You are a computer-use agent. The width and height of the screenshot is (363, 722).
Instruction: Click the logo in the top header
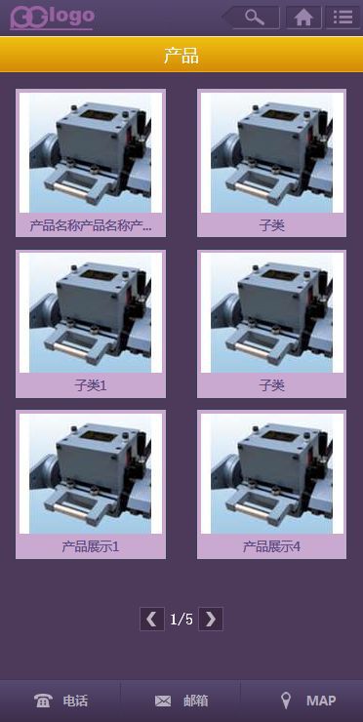click(x=52, y=18)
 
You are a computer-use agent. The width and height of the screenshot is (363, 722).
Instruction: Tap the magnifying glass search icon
click(x=255, y=18)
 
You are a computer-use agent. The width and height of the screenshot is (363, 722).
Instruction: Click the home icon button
click(x=303, y=18)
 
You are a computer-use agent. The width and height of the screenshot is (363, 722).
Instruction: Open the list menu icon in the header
click(x=343, y=18)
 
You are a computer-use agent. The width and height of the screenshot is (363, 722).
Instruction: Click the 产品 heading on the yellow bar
click(x=181, y=56)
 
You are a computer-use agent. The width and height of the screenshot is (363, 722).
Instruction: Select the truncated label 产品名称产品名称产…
click(x=91, y=225)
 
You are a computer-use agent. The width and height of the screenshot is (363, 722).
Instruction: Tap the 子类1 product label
click(x=91, y=385)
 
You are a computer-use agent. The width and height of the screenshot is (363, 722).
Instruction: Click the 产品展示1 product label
click(x=91, y=546)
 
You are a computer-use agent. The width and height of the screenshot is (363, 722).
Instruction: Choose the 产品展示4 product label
click(x=272, y=546)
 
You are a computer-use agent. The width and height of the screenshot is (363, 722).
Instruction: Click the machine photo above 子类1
click(x=91, y=312)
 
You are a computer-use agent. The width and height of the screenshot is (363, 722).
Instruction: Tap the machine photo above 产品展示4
click(x=272, y=474)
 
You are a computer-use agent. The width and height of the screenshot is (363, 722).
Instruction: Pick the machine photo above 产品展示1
click(x=91, y=474)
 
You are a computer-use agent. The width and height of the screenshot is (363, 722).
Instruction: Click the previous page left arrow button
click(x=152, y=619)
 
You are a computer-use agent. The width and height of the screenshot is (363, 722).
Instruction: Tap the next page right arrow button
click(x=211, y=619)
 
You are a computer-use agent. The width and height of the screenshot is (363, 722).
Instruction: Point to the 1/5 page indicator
click(x=181, y=620)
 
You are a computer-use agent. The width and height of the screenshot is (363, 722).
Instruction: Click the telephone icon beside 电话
click(x=43, y=701)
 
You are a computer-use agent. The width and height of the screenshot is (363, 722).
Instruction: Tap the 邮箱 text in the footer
click(x=196, y=701)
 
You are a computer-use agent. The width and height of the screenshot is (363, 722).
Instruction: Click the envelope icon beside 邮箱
click(x=163, y=702)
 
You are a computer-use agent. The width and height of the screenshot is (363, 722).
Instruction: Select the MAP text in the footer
click(x=321, y=701)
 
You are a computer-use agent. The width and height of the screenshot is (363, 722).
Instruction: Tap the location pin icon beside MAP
click(x=286, y=701)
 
